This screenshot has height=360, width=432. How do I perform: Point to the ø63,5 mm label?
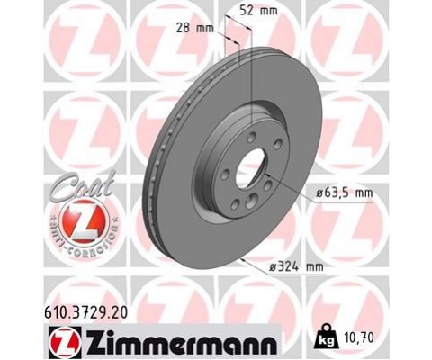pos(344,192)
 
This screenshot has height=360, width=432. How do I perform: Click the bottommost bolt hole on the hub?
pos(236,205)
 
